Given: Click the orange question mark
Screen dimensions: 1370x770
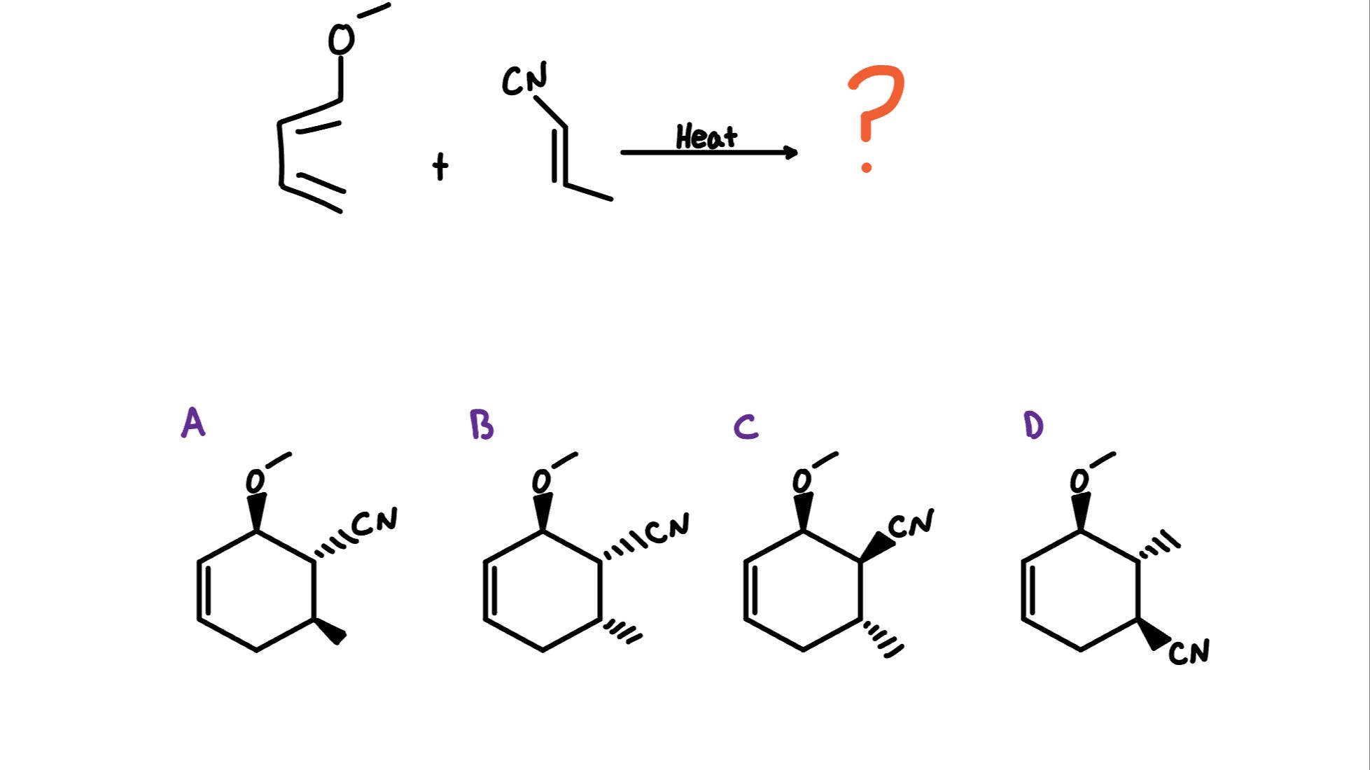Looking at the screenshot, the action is pos(875,112).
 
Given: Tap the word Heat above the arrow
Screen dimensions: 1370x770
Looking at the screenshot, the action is pos(706,137).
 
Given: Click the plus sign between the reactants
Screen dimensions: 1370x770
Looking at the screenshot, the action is pos(440,167).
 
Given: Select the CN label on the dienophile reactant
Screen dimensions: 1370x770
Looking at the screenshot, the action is pos(524,79).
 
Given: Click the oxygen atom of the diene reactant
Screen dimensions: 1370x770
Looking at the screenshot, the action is pos(341,39).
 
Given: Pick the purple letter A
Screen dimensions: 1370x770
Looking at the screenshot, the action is pos(193,423).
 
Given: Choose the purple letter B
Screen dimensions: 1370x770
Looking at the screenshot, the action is pos(482,425).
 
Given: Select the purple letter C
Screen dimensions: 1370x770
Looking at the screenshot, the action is pos(746,426).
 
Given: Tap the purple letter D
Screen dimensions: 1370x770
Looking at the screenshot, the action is pos(1033,425).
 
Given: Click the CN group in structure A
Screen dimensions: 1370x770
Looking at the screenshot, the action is pos(375,521).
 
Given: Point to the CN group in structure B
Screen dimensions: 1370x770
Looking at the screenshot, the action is pos(667,528).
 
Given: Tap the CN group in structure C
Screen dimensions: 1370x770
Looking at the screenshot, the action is pos(911,524).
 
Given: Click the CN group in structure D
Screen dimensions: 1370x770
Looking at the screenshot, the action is pos(1189,652).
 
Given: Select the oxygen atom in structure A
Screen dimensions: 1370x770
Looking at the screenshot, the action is pos(256,482).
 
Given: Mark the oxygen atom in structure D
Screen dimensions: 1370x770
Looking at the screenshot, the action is pos(1080,481).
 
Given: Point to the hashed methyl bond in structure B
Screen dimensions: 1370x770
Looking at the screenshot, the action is pos(622,629).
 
